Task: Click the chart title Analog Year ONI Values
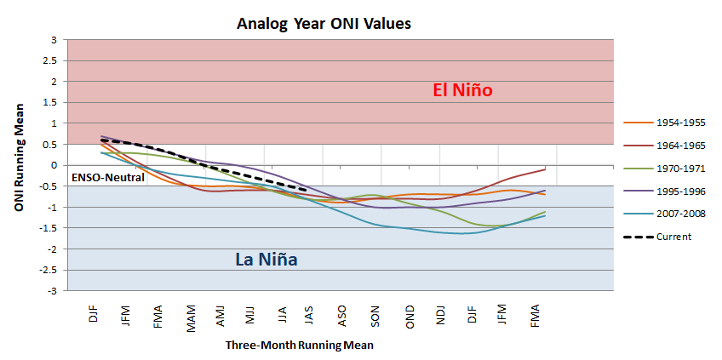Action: (x=324, y=24)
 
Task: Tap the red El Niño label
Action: (x=463, y=89)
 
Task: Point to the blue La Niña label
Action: (x=266, y=259)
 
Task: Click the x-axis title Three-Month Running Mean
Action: (x=299, y=346)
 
